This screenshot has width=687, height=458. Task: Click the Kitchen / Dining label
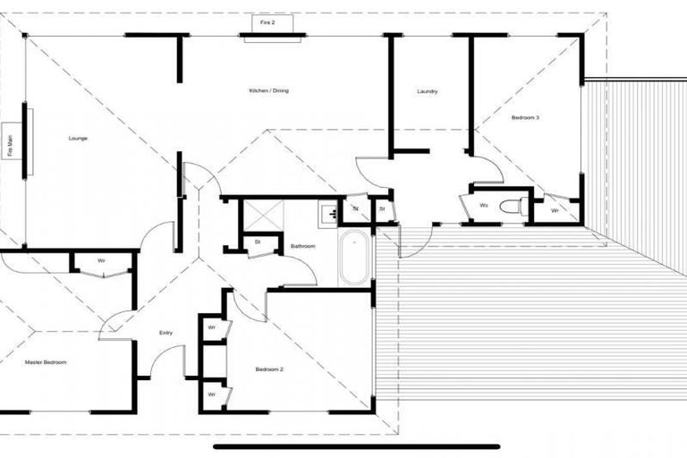(x=268, y=90)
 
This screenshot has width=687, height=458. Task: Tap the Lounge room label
(x=79, y=139)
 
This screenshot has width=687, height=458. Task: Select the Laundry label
(x=427, y=91)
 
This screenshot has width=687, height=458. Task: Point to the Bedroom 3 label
(x=525, y=117)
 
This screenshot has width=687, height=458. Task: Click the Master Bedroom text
(x=46, y=362)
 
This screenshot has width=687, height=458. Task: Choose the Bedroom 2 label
(x=269, y=369)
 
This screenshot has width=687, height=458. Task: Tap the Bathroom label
(x=302, y=246)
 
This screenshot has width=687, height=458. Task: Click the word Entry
(x=165, y=333)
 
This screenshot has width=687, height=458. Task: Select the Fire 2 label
(x=267, y=21)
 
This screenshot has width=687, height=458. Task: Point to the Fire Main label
(x=11, y=145)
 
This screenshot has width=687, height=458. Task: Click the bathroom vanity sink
(x=329, y=213)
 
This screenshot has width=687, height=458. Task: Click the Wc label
(x=484, y=206)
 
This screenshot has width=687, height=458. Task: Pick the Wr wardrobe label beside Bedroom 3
(x=555, y=211)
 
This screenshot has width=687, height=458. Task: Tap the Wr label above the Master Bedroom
(x=101, y=261)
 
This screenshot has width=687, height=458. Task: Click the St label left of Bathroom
(x=257, y=242)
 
